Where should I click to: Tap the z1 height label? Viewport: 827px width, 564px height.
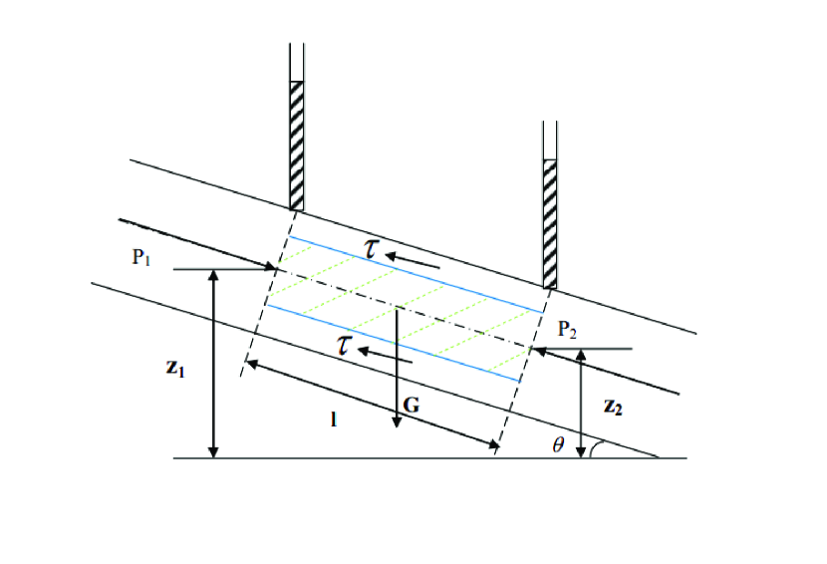point(175,368)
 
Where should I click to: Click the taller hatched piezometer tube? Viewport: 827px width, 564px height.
point(296,144)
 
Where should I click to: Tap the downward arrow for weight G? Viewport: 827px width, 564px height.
point(397,369)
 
